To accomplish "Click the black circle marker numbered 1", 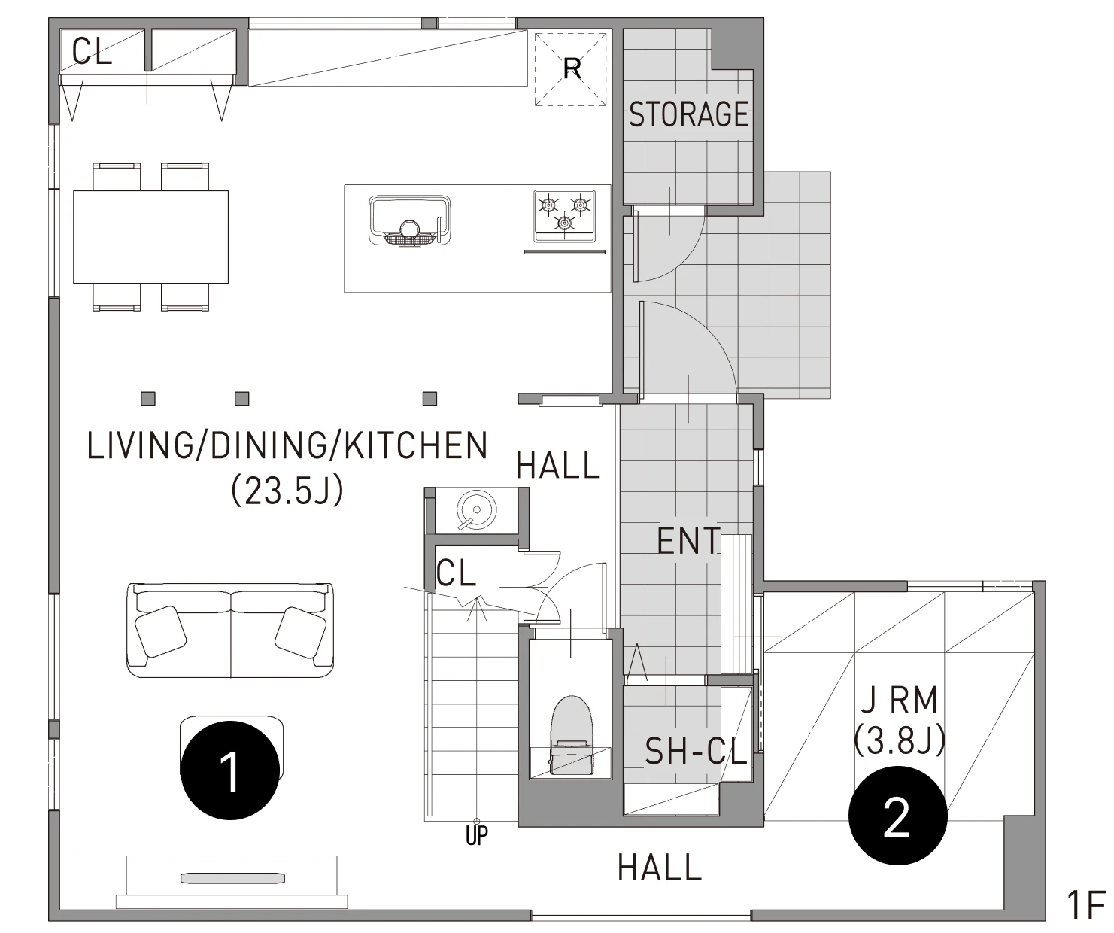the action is tap(230, 770).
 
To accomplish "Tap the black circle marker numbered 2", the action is tap(898, 816).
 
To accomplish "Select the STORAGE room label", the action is tap(689, 114).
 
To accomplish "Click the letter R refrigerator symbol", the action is tap(572, 69).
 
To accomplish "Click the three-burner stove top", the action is tap(564, 216).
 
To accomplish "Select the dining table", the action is tap(150, 236).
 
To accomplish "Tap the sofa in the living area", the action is tap(230, 630).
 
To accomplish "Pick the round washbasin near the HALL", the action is tap(476, 510).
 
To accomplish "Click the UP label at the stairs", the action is tap(476, 836).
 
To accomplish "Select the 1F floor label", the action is tap(1085, 905).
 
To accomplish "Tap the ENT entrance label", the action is tap(688, 541).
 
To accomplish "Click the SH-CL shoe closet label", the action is tap(696, 751).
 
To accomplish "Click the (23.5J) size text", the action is tap(287, 491).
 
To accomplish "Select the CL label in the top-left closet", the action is tap(92, 52).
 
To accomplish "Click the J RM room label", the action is tap(900, 700).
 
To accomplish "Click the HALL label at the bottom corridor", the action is tap(660, 868).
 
